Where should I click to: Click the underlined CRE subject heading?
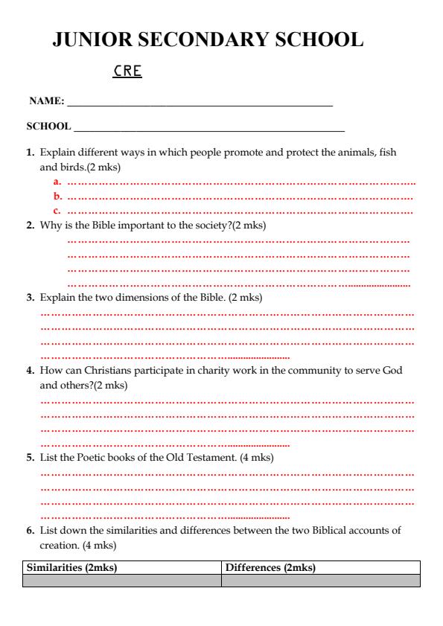pyautogui.click(x=127, y=71)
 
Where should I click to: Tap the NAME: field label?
pyautogui.click(x=46, y=100)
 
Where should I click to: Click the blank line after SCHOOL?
pyautogui.click(x=208, y=128)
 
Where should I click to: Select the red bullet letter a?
pyautogui.click(x=57, y=182)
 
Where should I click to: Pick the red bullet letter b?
pyautogui.click(x=57, y=197)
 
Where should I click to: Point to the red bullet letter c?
pyautogui.click(x=57, y=211)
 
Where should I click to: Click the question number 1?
pyautogui.click(x=31, y=153)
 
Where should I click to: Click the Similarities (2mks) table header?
pyautogui.click(x=72, y=568)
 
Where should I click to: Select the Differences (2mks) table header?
pyautogui.click(x=270, y=568)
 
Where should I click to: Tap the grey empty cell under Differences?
pyautogui.click(x=321, y=581)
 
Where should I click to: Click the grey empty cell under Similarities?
pyautogui.click(x=122, y=581)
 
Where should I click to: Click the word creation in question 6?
pyautogui.click(x=59, y=545)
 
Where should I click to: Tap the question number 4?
pyautogui.click(x=31, y=371)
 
